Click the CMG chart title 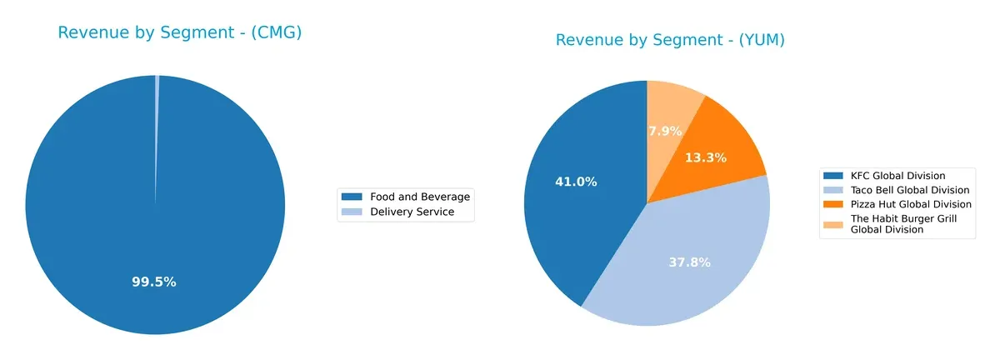pyautogui.click(x=179, y=33)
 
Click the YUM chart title pyautogui.click(x=671, y=40)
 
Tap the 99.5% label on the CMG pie pyautogui.click(x=154, y=282)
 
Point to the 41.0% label pyautogui.click(x=576, y=181)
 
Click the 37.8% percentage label pyautogui.click(x=689, y=262)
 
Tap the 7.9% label pyautogui.click(x=665, y=131)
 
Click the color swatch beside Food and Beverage pyautogui.click(x=352, y=197)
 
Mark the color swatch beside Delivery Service pyautogui.click(x=352, y=212)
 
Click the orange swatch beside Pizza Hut pyautogui.click(x=832, y=204)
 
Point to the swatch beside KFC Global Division pyautogui.click(x=832, y=176)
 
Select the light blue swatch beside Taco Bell pyautogui.click(x=832, y=190)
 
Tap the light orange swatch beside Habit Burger pyautogui.click(x=832, y=223)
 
